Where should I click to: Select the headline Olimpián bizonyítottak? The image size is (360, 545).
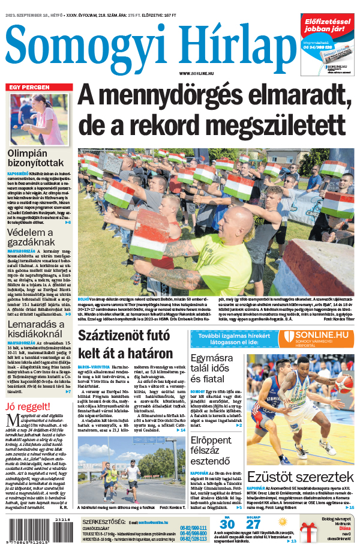point(35,157)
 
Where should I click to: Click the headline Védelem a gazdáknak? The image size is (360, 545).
point(31,237)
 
